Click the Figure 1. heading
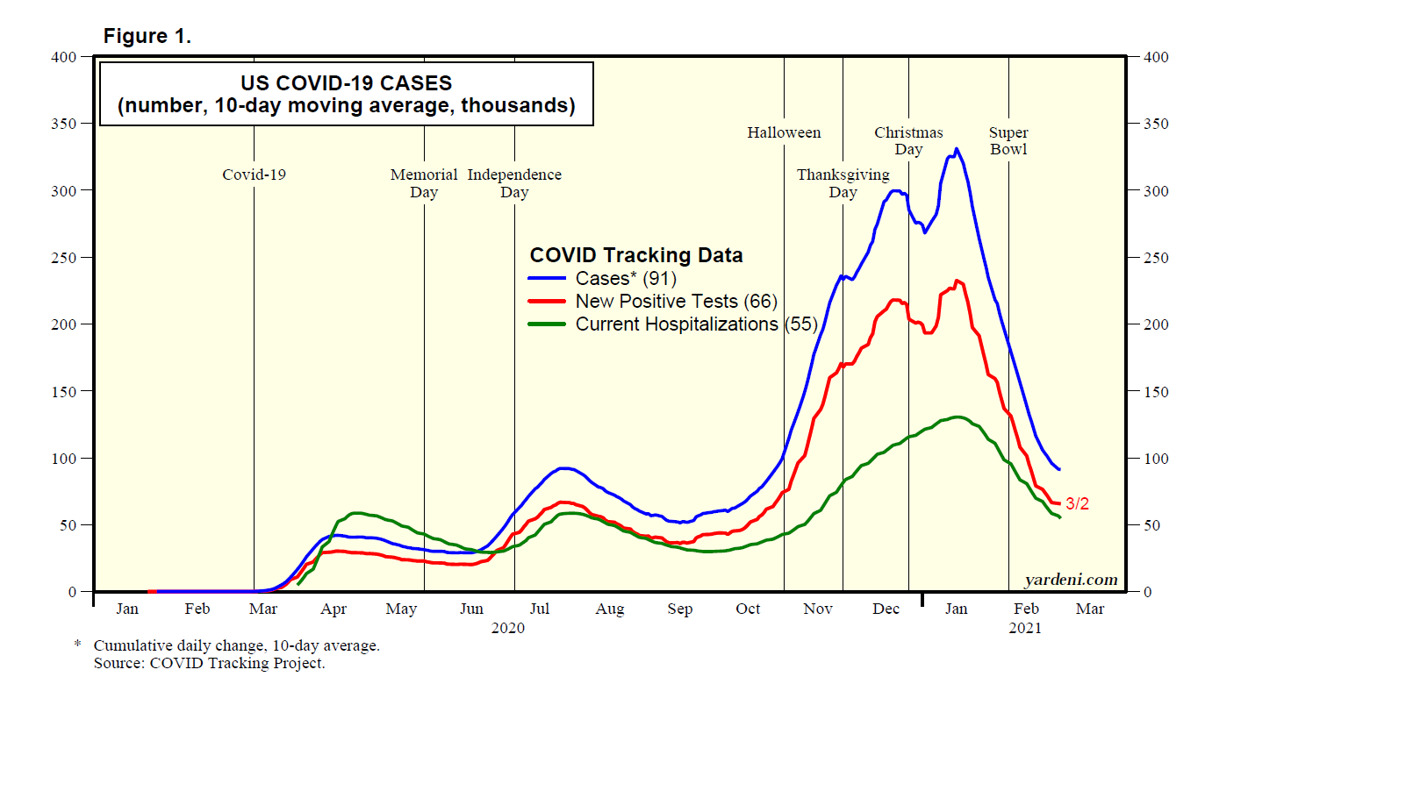[147, 36]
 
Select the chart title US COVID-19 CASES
[346, 83]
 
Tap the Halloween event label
[784, 132]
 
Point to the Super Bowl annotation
[1008, 140]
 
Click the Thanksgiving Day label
[843, 183]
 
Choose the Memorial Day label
[424, 183]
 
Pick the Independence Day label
[514, 183]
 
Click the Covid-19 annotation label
[254, 175]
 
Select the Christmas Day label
[908, 140]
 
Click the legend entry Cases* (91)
[626, 279]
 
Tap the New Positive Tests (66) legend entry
[676, 302]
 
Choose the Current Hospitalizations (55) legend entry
[696, 324]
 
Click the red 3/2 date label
[1077, 503]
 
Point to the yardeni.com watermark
[1071, 580]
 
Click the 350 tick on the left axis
[64, 124]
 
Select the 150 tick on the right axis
[1156, 391]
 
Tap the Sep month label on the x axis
[679, 609]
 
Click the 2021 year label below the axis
[1024, 628]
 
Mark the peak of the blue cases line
[956, 149]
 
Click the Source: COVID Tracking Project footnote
[209, 663]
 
